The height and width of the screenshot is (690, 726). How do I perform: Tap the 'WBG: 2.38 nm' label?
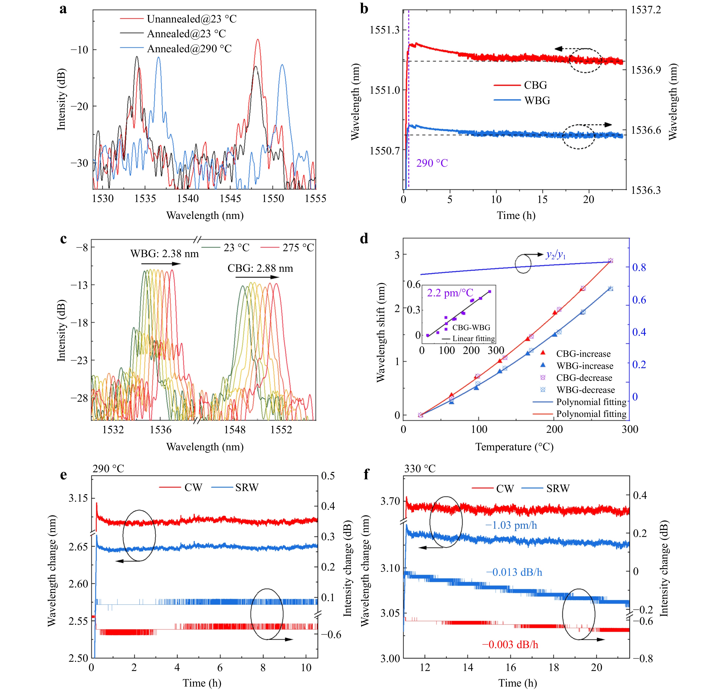coord(164,254)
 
